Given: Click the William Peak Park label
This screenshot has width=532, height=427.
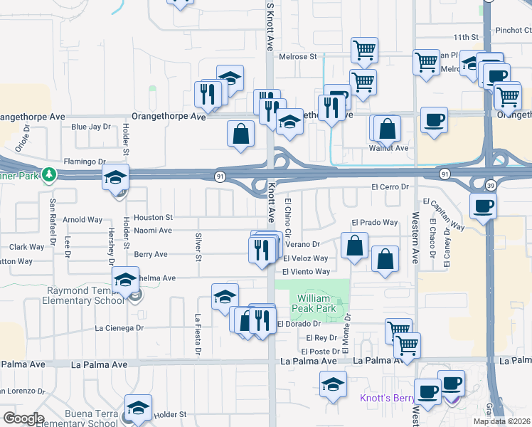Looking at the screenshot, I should click(x=316, y=303).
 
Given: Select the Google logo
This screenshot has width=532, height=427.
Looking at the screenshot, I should click(x=23, y=418).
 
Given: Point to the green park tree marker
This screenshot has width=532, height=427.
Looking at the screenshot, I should click(x=48, y=174).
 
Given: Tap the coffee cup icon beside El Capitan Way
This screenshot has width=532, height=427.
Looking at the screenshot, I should click(x=483, y=207).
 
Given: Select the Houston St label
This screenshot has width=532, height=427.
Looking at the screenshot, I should click(x=153, y=217).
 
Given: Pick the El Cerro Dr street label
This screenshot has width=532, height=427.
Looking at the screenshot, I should click(x=391, y=186).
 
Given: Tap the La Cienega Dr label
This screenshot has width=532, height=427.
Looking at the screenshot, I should click(x=119, y=328).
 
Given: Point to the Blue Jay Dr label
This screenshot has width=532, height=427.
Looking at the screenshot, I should click(x=91, y=127).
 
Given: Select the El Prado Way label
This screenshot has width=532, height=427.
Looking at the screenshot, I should click(x=374, y=222).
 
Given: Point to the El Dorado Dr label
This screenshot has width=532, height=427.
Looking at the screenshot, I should click(x=299, y=324).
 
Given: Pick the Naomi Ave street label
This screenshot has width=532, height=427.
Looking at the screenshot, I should click(x=153, y=231).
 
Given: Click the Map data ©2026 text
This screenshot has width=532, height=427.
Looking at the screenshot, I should click(x=501, y=421).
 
